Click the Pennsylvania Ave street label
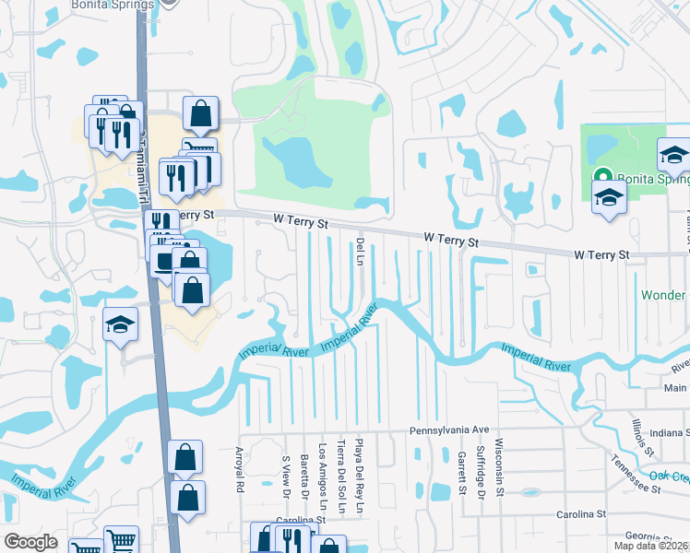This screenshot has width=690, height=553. pyautogui.click(x=448, y=430)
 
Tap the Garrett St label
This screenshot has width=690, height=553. pyautogui.click(x=460, y=472)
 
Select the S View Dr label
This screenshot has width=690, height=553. pyautogui.click(x=286, y=472)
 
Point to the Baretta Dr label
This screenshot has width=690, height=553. pyautogui.click(x=304, y=472)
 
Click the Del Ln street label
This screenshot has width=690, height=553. pyautogui.click(x=358, y=250)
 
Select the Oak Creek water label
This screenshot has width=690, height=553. pyautogui.click(x=669, y=476)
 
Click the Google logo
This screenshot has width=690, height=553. pyautogui.click(x=30, y=542)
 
